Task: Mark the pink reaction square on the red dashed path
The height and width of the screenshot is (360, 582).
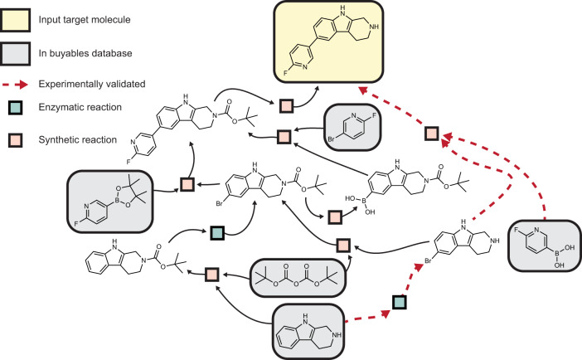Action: (429, 134)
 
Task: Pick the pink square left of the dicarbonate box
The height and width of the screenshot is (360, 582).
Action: (211, 274)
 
